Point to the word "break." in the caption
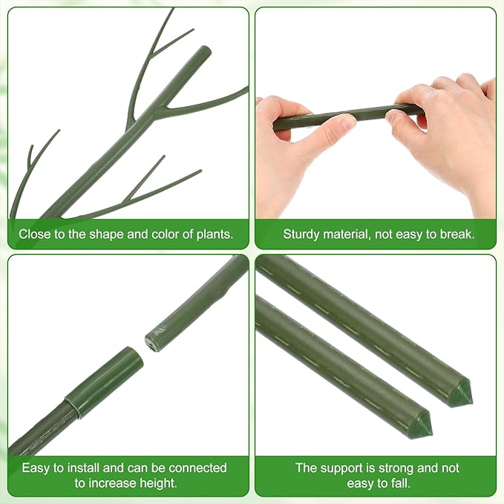coord(459,235)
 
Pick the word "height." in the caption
coord(158,483)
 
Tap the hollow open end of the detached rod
coord(151,343)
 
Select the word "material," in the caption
coord(353,235)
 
